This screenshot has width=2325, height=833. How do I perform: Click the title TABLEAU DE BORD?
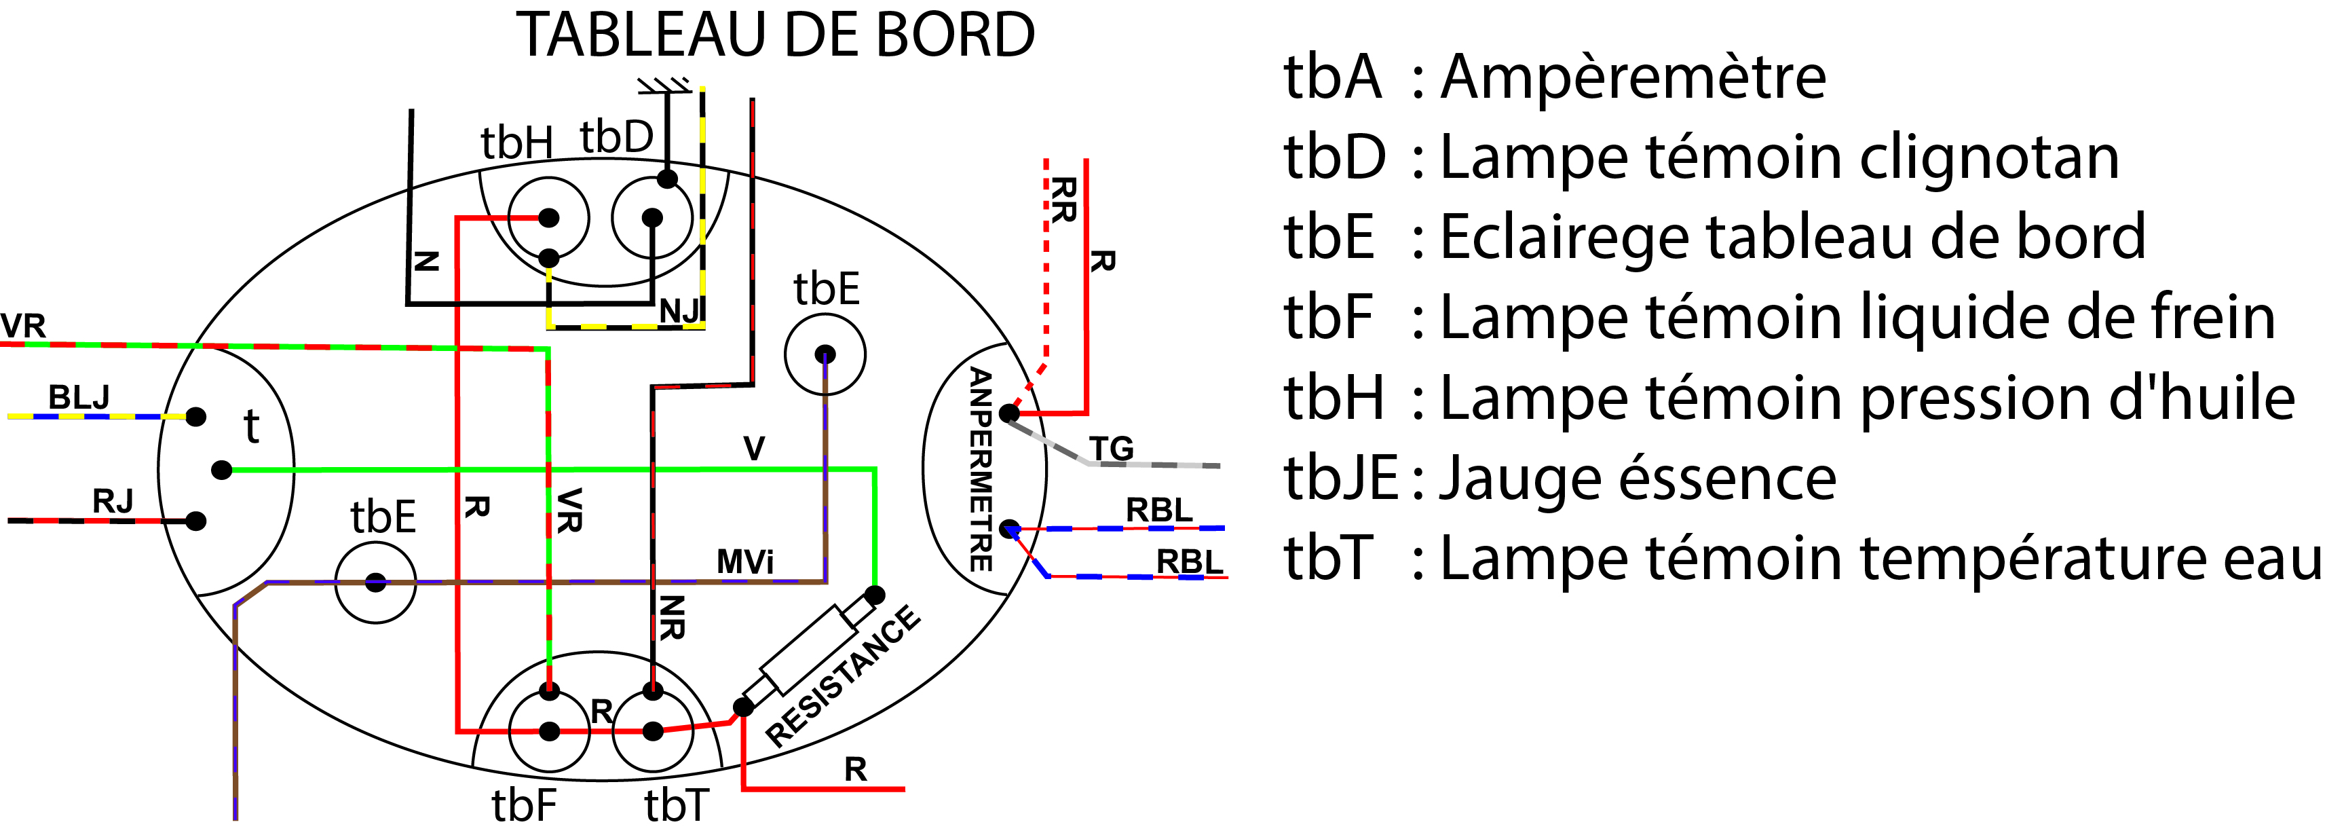coord(774,36)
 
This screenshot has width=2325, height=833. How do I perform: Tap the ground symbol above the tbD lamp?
coord(664,86)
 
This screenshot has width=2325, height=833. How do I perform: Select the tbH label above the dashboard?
coord(516,143)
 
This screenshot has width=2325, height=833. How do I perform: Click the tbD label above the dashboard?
coord(616,137)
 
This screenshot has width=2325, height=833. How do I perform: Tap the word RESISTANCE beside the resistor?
coord(843,677)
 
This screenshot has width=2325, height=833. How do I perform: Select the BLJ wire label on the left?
coord(79,397)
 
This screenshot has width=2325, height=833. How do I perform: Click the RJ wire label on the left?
coord(113,501)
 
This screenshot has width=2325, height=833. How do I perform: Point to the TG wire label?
coord(1111,449)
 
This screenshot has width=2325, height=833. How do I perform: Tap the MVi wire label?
coord(744,562)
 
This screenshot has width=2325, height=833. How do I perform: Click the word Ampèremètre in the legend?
coord(1633,77)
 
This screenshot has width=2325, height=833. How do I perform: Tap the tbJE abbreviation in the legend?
coord(1340,479)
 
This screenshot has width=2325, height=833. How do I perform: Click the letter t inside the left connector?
coord(252,426)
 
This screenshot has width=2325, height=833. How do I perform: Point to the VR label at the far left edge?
coord(22,326)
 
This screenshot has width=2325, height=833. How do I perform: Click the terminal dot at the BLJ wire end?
coord(196,417)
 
